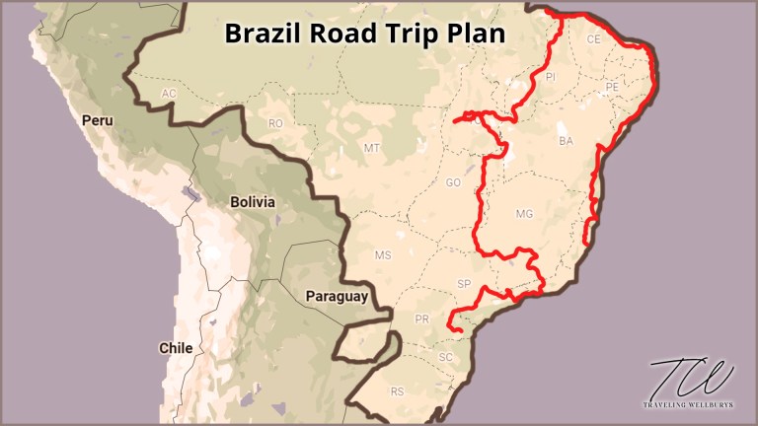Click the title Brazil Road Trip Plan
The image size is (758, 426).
[365, 33]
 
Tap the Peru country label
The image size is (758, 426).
[100, 120]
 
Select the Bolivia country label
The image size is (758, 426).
[253, 201]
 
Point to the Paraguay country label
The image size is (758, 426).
[337, 296]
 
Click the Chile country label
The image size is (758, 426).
[176, 347]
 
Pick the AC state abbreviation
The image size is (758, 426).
[169, 93]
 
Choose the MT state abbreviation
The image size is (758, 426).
[372, 148]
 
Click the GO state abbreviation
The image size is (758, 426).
[454, 183]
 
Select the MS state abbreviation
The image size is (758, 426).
[383, 255]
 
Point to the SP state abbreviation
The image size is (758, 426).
[465, 284]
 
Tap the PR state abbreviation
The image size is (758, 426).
[422, 319]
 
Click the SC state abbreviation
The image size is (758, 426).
[445, 356]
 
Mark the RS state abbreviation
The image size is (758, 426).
[397, 391]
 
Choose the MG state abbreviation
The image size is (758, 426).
[524, 213]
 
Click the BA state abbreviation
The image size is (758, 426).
[566, 142]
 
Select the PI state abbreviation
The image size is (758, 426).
[552, 75]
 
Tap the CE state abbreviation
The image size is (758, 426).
[593, 40]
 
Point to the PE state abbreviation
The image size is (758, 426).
[612, 87]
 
